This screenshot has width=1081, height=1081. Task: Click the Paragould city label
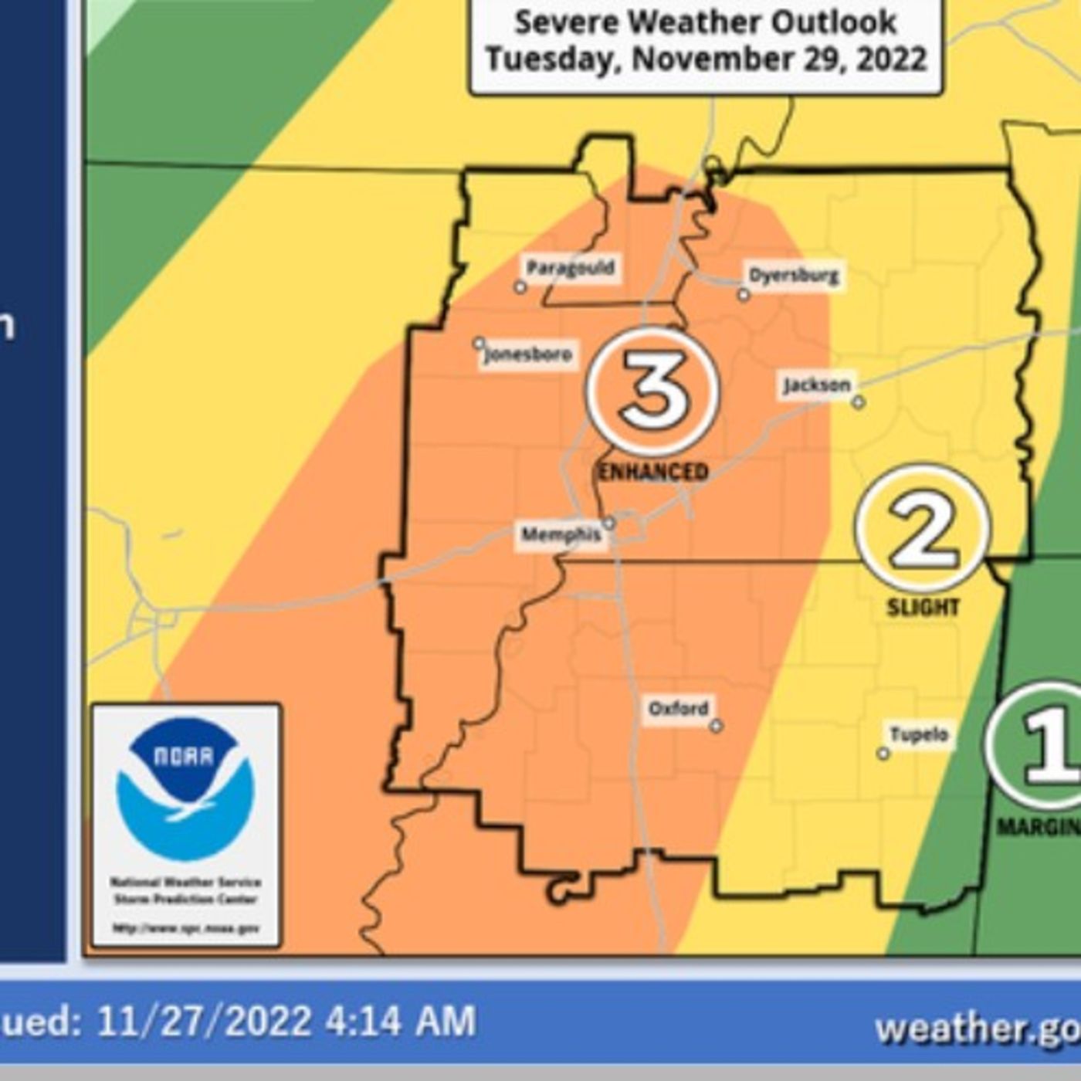pyautogui.click(x=571, y=269)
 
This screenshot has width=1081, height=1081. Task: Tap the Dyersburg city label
pyautogui.click(x=795, y=276)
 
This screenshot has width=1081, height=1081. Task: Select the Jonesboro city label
pyautogui.click(x=529, y=355)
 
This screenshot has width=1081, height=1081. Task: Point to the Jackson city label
pyautogui.click(x=817, y=385)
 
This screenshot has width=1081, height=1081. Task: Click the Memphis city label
pyautogui.click(x=561, y=534)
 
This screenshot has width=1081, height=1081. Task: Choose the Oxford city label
pyautogui.click(x=678, y=708)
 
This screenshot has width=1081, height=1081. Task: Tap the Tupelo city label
pyautogui.click(x=919, y=734)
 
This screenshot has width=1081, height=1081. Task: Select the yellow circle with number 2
pyautogui.click(x=922, y=530)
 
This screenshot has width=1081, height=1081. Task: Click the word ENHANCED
pyautogui.click(x=653, y=472)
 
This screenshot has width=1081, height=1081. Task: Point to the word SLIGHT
pyautogui.click(x=923, y=608)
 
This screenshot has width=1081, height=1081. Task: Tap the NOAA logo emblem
pyautogui.click(x=185, y=788)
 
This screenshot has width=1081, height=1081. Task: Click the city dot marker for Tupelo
pyautogui.click(x=883, y=754)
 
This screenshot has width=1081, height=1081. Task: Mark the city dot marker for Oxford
pyautogui.click(x=716, y=726)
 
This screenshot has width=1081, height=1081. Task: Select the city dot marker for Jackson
pyautogui.click(x=858, y=402)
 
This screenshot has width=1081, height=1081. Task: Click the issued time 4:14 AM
pyautogui.click(x=400, y=1022)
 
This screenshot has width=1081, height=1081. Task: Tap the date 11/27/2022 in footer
pyautogui.click(x=204, y=1022)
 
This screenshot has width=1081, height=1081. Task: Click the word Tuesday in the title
pyautogui.click(x=553, y=59)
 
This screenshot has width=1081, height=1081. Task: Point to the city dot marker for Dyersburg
pyautogui.click(x=744, y=295)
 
